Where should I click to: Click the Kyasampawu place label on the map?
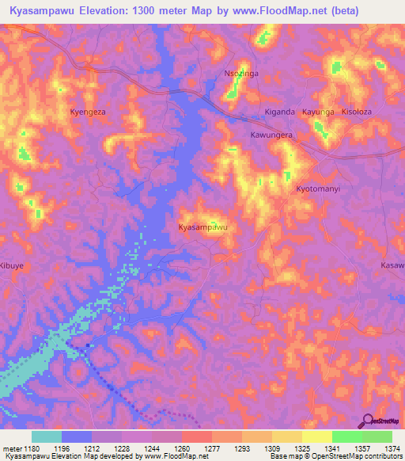203,227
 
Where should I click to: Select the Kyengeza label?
88,112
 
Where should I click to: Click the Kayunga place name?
318,112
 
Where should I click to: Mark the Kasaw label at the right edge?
392,265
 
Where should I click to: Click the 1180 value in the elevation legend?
31,448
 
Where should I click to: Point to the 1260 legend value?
181,448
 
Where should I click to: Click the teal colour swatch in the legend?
47,436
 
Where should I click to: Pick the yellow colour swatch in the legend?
316,436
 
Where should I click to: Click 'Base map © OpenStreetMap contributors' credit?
335,456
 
